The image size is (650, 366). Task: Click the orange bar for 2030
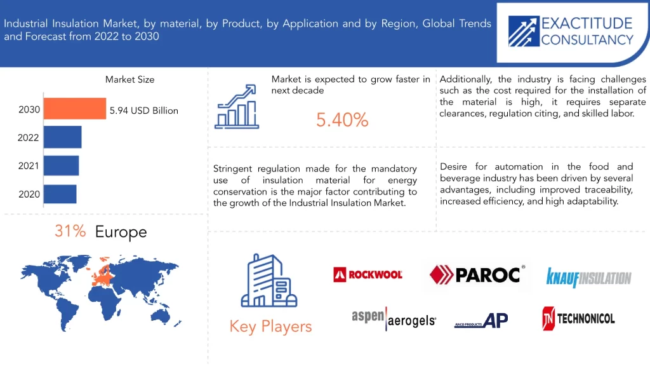(75, 109)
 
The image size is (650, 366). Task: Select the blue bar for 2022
(63, 137)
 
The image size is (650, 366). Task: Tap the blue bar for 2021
(62, 166)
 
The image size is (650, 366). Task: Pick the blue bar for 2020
(60, 194)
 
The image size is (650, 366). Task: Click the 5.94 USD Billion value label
(144, 111)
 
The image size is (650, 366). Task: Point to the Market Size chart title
(129, 79)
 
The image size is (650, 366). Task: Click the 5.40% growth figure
(342, 120)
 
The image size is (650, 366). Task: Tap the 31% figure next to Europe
(70, 231)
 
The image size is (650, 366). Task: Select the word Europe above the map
(121, 232)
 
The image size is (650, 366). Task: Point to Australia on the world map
(161, 316)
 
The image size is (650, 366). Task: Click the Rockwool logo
(368, 274)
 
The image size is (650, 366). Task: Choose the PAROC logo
(477, 274)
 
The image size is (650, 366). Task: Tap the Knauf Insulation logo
(588, 277)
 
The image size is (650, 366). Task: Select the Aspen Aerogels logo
(394, 319)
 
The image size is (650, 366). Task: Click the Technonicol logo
(578, 319)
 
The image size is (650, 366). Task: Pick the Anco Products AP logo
(481, 320)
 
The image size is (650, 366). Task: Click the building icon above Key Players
(269, 280)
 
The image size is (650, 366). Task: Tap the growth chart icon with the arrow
(237, 107)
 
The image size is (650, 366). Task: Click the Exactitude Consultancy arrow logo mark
(524, 31)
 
